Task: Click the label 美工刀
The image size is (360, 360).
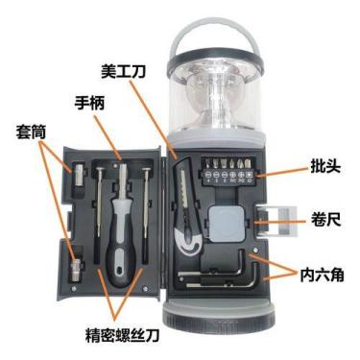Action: tap(123, 71)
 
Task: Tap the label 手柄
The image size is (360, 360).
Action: tap(89, 103)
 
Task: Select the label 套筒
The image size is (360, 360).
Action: tap(31, 132)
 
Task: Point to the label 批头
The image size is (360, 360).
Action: tap(325, 166)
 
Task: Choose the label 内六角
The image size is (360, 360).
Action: tap(322, 275)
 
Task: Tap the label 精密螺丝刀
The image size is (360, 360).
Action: tap(122, 335)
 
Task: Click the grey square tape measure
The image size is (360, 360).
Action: tap(227, 223)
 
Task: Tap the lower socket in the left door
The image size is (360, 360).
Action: tap(76, 271)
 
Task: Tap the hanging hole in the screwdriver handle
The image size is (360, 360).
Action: tap(119, 271)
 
